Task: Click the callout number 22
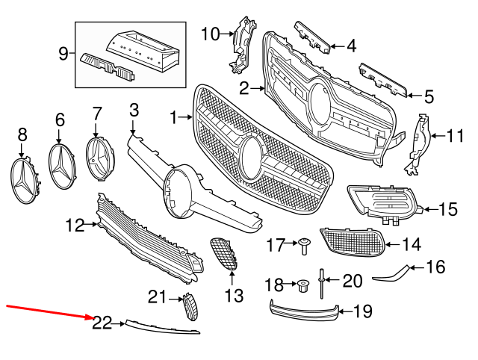coord(102,323)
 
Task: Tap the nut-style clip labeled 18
coord(303,285)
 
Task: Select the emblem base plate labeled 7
coord(99,159)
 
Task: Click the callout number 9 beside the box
coord(63,53)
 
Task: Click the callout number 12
coord(75,223)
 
